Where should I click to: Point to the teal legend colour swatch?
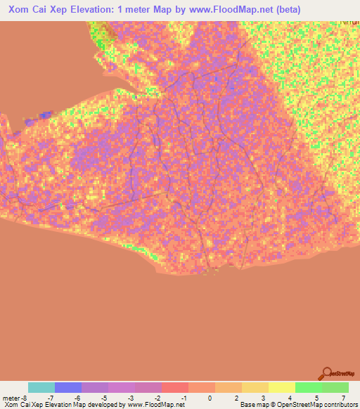coord(41,387)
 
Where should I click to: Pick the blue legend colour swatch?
coord(68,387)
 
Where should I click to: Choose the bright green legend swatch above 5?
coord(309,387)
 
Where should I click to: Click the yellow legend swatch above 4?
coord(282,387)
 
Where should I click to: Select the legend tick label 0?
coord(210,398)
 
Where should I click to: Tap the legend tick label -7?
coord(49,398)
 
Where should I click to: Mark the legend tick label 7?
coord(344,398)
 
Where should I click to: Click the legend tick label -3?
coord(129,398)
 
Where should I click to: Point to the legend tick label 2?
coord(237,398)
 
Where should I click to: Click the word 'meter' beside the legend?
coord(11,398)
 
